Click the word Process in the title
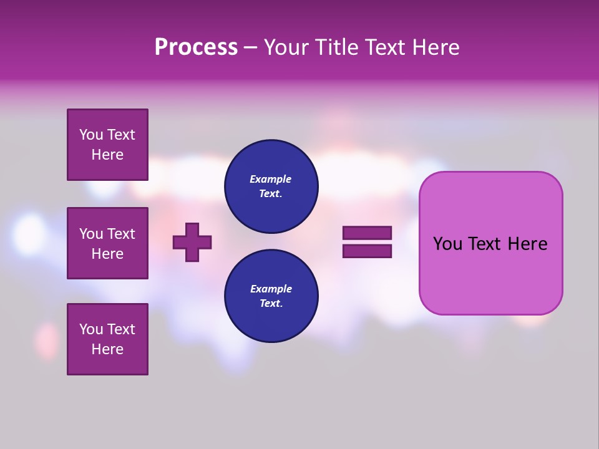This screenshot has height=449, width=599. click(196, 47)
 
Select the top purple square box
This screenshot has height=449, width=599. click(107, 145)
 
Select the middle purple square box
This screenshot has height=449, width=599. click(107, 243)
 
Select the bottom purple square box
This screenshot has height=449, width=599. click(107, 339)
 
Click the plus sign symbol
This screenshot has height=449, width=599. click(192, 242)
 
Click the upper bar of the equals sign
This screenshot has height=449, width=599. click(367, 233)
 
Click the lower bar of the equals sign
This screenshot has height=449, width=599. click(367, 251)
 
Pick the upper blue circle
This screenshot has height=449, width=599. click(271, 186)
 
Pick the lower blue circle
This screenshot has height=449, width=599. click(271, 296)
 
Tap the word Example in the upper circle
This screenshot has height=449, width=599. click(270, 179)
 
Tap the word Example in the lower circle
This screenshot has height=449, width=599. click(271, 289)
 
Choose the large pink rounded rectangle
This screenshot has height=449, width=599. click(490, 243)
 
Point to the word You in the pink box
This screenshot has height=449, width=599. click(447, 244)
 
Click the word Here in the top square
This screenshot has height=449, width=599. click(107, 155)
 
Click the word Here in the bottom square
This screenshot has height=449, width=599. click(107, 349)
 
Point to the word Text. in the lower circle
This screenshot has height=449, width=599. click(271, 303)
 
